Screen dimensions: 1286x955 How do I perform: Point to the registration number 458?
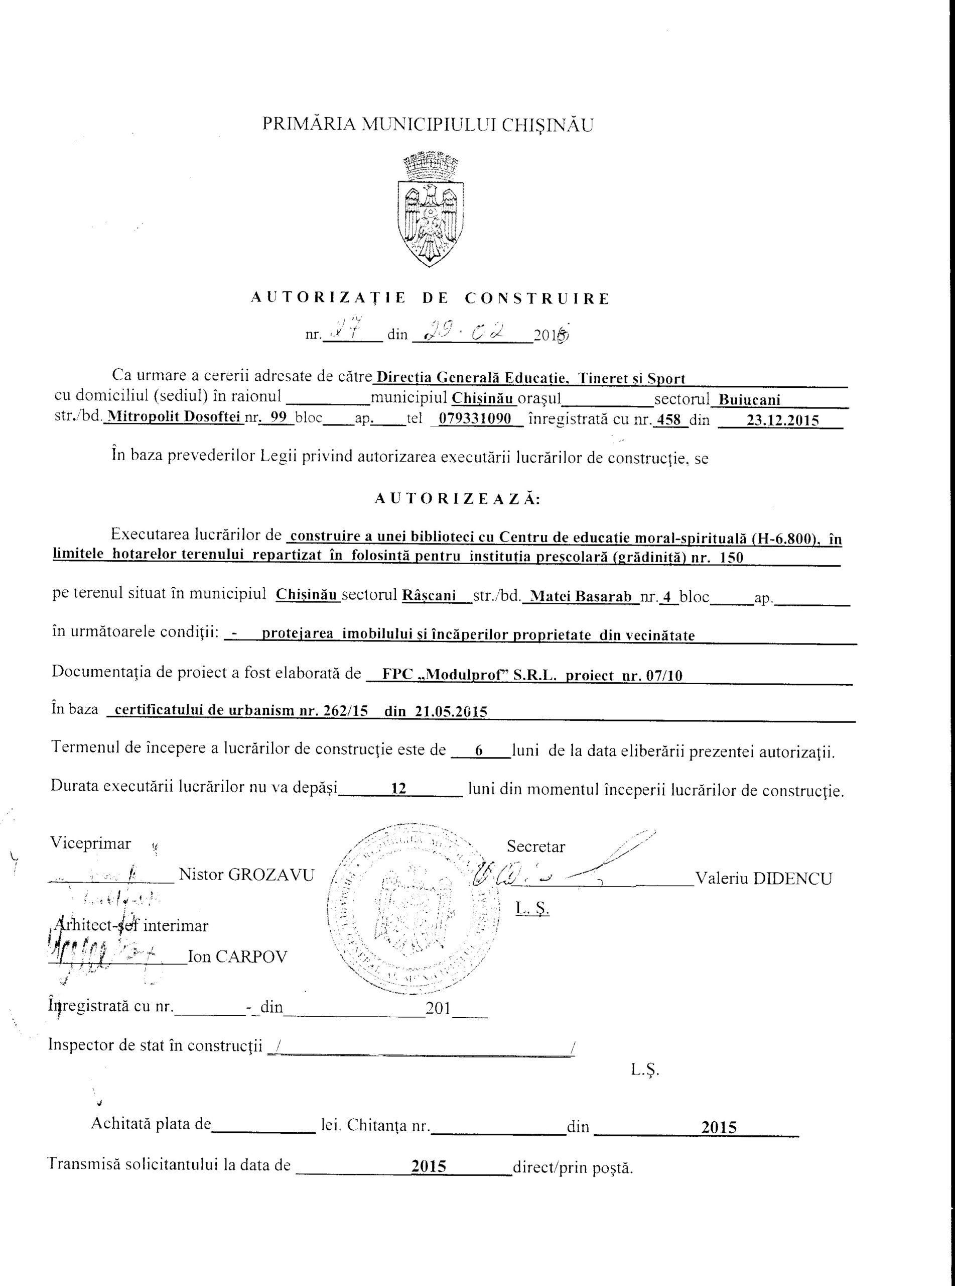pos(669,420)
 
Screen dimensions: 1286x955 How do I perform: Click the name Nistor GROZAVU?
pos(247,874)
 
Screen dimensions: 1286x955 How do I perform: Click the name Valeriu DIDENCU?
pos(764,879)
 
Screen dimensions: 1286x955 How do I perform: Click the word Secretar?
pos(536,847)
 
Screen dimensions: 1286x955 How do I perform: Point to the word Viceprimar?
pos(91,843)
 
